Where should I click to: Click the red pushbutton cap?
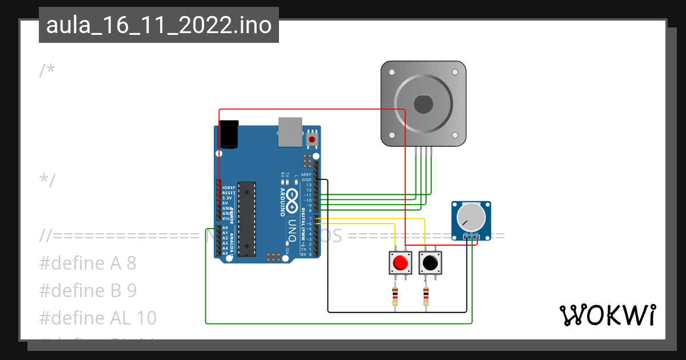click(x=400, y=263)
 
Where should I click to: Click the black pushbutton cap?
click(x=430, y=263)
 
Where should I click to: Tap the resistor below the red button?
click(x=395, y=297)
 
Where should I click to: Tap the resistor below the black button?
click(x=426, y=297)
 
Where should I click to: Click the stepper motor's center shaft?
click(x=424, y=105)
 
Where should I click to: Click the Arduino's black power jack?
click(x=229, y=134)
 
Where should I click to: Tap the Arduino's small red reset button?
click(x=312, y=139)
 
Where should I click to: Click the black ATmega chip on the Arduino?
click(x=247, y=218)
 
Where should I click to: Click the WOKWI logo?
click(x=607, y=315)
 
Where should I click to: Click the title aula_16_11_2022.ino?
click(x=158, y=25)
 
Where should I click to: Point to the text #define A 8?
click(x=88, y=263)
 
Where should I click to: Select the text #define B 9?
click(x=88, y=291)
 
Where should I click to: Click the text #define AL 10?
click(x=98, y=318)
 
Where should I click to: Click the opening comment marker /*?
click(x=47, y=71)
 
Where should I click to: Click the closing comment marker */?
click(x=47, y=180)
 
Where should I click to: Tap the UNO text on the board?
click(x=291, y=229)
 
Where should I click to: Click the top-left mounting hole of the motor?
click(x=392, y=73)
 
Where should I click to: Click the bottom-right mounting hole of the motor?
click(x=455, y=135)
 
